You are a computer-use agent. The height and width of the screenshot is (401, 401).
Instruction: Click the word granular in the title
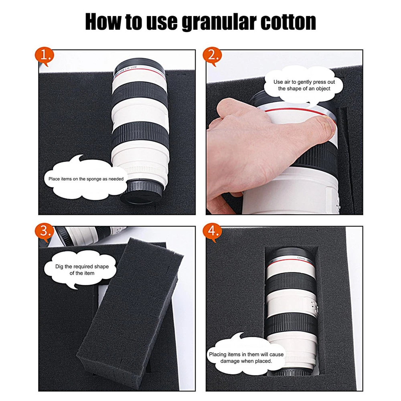pyautogui.click(x=219, y=22)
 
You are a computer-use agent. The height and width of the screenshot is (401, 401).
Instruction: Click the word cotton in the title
pyautogui.click(x=288, y=22)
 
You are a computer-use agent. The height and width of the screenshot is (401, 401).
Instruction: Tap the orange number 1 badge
pyautogui.click(x=45, y=56)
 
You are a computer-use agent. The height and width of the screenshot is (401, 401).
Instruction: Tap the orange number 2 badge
pyautogui.click(x=212, y=56)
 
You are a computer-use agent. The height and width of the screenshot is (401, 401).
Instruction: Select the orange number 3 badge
pyautogui.click(x=45, y=232)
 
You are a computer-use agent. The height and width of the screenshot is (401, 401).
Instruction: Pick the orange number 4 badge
pyautogui.click(x=212, y=232)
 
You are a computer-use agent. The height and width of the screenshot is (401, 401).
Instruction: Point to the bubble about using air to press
pyautogui.click(x=304, y=85)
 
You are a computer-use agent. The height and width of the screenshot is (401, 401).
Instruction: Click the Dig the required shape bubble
pyautogui.click(x=81, y=269)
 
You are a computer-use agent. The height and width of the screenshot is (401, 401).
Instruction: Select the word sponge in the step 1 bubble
pyautogui.click(x=94, y=179)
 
